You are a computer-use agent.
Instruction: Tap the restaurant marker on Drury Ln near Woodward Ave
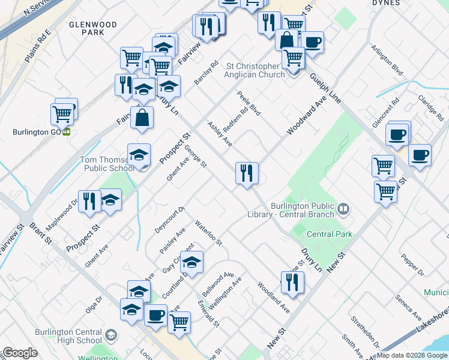pos(247,174)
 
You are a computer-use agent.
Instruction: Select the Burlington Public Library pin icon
pos(343,209)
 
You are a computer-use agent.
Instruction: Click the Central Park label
pos(330,234)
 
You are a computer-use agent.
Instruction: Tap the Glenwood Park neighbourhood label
pos(93,28)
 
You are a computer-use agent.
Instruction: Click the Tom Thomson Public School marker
pos(139,155)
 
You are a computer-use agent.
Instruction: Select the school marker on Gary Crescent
pos(192,262)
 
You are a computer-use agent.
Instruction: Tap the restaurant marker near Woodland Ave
pos(292,283)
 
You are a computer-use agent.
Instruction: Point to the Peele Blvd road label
pos(250,103)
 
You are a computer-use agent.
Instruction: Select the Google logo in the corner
pos(20,353)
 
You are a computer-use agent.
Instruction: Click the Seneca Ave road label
pos(408,307)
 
